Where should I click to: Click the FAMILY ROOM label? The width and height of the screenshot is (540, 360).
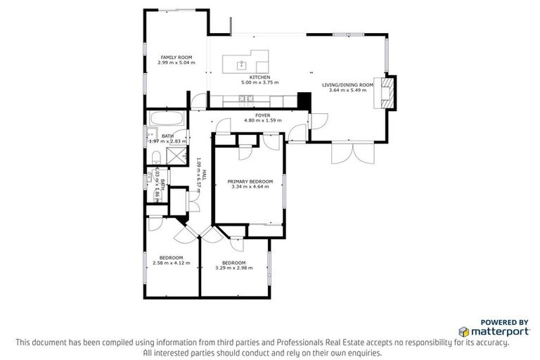(176, 57)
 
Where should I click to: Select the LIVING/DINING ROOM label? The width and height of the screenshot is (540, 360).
(344, 84)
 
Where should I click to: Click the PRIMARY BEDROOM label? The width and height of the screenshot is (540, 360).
(250, 181)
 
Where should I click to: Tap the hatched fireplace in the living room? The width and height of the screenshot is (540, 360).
(387, 92)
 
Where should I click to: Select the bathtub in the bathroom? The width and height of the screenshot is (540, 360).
(167, 119)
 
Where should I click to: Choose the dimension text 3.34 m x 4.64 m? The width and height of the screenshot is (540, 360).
(250, 187)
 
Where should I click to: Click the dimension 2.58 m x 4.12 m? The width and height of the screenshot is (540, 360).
(172, 263)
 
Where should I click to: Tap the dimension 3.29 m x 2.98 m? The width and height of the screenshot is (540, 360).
(233, 267)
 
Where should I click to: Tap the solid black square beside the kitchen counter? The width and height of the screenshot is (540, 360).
(303, 101)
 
